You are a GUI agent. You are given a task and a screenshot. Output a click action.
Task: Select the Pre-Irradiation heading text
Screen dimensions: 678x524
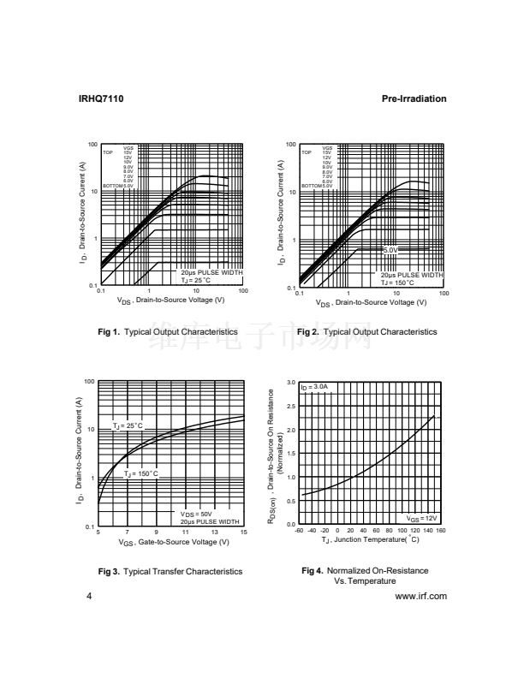point(414,99)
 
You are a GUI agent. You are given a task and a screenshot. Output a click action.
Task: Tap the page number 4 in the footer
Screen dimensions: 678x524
point(89,596)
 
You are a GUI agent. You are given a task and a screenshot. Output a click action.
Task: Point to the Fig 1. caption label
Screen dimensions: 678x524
point(109,331)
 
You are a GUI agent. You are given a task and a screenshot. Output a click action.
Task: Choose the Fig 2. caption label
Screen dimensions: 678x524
point(308,331)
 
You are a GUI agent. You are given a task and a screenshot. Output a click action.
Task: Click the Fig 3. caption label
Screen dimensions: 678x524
point(109,571)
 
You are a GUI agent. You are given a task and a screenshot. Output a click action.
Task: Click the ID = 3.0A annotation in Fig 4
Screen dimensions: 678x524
point(315,388)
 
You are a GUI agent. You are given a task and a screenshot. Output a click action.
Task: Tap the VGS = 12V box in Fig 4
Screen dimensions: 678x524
point(421,518)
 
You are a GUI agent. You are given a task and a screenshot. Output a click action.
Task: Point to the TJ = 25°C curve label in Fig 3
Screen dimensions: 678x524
point(128,425)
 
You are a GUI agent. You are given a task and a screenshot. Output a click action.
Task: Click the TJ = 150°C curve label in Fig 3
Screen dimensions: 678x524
point(140,473)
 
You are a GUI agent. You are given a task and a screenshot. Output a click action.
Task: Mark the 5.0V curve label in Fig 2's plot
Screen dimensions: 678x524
point(390,249)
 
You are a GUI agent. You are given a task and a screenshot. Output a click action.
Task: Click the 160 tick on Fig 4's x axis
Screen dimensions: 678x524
point(441,532)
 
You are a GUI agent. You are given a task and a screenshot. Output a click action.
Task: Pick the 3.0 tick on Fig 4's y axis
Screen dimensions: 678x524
point(291,383)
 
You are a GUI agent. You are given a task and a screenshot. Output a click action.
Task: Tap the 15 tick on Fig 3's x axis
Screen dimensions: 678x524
point(243,532)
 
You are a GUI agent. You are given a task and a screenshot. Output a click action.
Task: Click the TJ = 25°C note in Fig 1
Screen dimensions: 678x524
point(195,280)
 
